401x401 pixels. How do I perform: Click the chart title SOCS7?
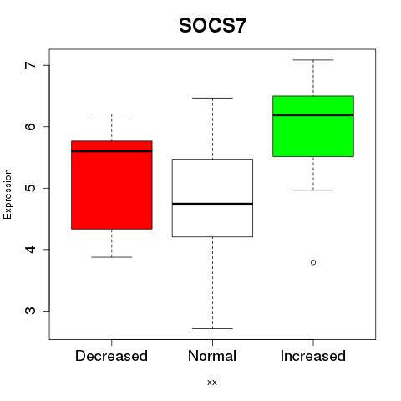point(212,26)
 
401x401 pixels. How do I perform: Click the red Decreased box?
point(112,185)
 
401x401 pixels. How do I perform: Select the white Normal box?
point(212,198)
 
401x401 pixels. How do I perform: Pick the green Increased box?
point(313,126)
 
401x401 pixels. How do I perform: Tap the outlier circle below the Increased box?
point(313,262)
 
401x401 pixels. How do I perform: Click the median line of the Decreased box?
point(112,151)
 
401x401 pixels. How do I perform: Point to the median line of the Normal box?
point(212,204)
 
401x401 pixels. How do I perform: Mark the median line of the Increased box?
point(313,115)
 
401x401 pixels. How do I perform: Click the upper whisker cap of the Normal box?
point(212,98)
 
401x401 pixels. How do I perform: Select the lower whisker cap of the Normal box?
point(212,328)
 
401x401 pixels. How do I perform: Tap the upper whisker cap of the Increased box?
point(313,60)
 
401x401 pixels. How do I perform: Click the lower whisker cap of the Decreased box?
point(112,257)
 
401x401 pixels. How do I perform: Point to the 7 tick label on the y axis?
point(30,65)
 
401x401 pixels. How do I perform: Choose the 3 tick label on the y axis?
point(30,311)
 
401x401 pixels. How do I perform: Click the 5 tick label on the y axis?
point(30,188)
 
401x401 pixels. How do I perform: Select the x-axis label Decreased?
point(111,356)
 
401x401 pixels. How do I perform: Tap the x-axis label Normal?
point(212,356)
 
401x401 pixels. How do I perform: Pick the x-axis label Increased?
point(313,356)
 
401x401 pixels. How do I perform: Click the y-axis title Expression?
point(8,194)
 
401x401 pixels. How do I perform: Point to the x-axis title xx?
point(212,383)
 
